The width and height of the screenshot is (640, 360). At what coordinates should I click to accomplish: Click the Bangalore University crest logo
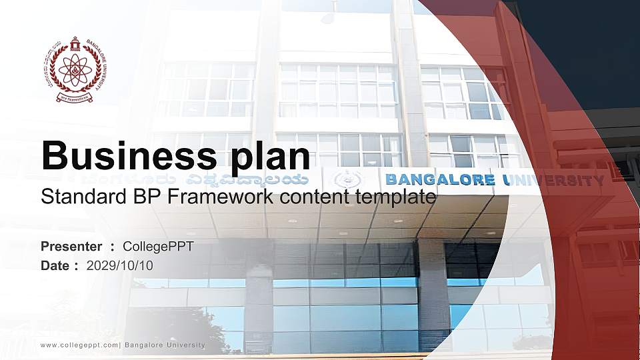74,69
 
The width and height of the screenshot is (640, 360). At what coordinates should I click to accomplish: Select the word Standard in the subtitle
77,197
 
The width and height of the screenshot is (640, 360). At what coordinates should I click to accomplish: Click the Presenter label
71,247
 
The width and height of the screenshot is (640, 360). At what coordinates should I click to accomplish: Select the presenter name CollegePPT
158,247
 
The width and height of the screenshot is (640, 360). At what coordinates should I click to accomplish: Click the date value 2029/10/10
120,265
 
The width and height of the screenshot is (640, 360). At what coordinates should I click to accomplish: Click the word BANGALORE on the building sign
440,179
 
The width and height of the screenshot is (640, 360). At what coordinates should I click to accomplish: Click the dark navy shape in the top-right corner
587,47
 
